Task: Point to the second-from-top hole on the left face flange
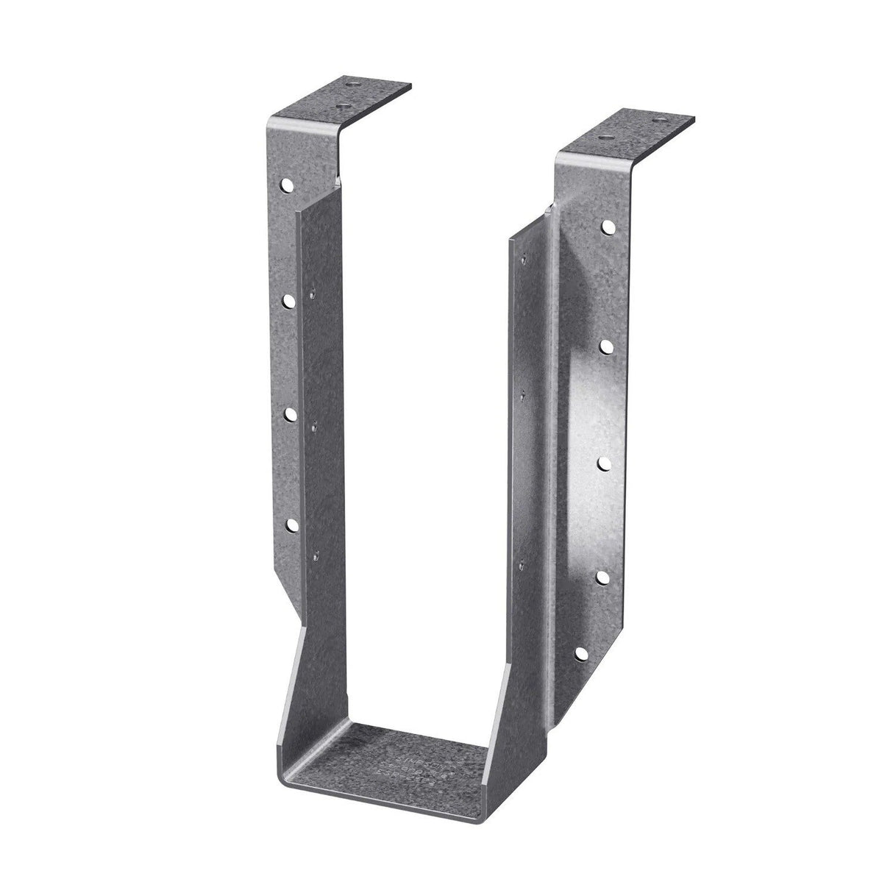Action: [x=289, y=300]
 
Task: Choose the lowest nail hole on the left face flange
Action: [x=290, y=524]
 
